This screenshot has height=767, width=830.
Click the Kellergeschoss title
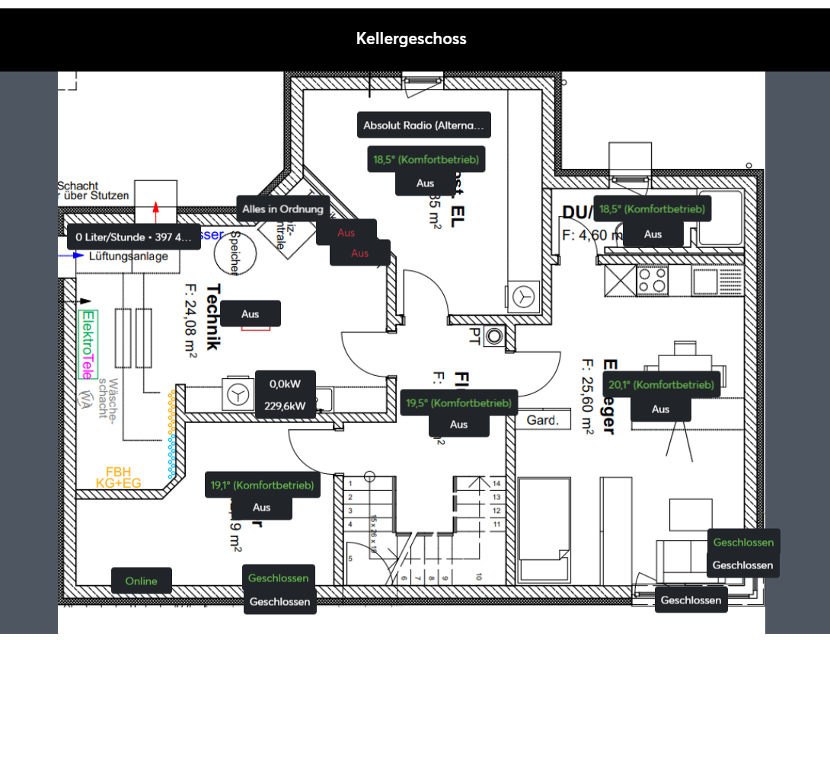click(x=411, y=39)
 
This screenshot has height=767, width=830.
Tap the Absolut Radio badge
click(x=423, y=125)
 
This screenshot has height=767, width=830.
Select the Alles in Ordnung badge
click(x=283, y=208)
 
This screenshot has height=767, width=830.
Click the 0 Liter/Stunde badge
click(x=134, y=237)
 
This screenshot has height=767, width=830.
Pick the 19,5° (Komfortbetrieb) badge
click(x=459, y=403)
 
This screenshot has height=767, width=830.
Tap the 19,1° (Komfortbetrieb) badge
click(x=262, y=485)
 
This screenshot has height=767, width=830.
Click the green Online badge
click(x=141, y=581)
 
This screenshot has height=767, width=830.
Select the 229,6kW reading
click(x=285, y=406)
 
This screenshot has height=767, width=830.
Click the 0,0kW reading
click(x=285, y=384)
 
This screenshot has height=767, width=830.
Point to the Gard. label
click(x=543, y=420)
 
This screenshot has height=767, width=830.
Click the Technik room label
click(x=213, y=317)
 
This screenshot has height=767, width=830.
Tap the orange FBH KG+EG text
click(x=118, y=478)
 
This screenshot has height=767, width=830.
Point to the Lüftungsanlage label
click(x=129, y=256)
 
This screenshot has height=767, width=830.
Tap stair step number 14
click(x=496, y=483)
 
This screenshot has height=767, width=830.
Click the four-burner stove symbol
click(x=652, y=281)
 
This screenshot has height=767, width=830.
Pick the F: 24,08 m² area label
click(x=190, y=320)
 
